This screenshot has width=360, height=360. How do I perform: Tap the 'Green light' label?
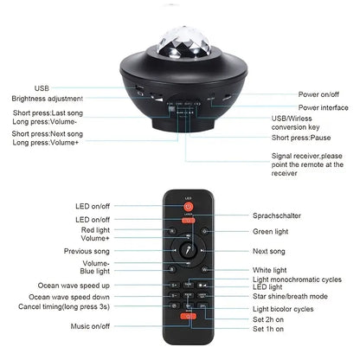272,231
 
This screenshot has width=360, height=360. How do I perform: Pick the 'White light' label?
271,271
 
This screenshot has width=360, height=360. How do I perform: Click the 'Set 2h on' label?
269,319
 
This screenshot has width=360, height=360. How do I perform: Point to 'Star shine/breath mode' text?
291,295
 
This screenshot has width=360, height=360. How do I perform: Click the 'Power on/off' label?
324,93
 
